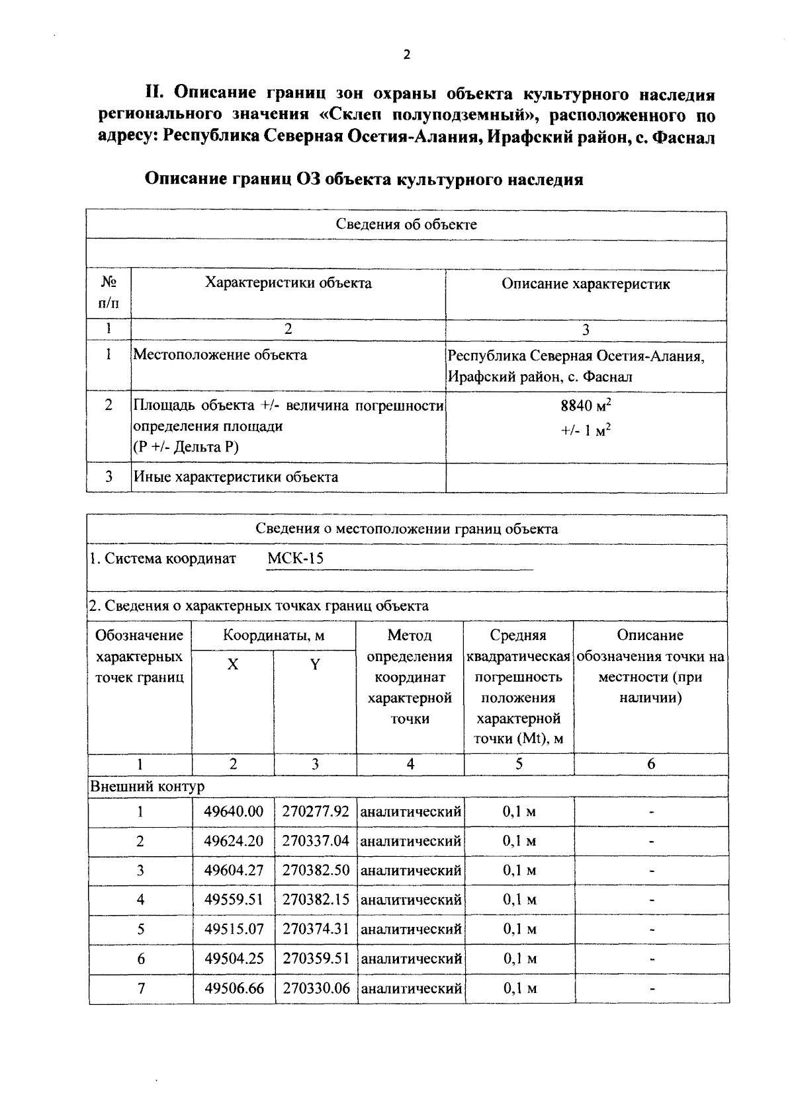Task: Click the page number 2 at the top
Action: coord(406,55)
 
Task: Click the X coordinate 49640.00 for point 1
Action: coord(234,811)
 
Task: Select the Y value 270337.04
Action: coord(315,841)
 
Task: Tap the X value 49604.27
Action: coord(234,870)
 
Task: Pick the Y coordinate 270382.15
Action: coord(315,899)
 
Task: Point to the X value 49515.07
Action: coord(234,929)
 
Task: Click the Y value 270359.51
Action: coord(315,959)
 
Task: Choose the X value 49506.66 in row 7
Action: coord(234,988)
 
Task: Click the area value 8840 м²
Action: coord(586,405)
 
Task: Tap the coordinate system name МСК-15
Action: coord(295,559)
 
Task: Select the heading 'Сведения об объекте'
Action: coord(406,224)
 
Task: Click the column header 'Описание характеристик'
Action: coord(586,284)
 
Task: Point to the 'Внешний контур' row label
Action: coord(148,787)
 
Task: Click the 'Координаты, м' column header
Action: coord(274,635)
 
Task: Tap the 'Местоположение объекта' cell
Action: coord(220,355)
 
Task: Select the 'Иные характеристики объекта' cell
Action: coord(236,477)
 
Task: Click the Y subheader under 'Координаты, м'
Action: coord(315,665)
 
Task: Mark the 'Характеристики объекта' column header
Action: coord(288,284)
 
